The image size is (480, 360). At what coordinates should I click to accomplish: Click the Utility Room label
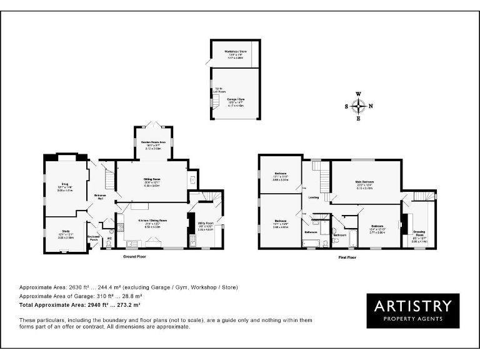tap(206, 222)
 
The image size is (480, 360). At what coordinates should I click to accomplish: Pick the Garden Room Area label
tap(153, 142)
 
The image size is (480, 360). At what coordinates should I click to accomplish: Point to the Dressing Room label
tap(419, 233)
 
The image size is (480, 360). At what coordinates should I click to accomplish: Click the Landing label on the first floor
tap(314, 197)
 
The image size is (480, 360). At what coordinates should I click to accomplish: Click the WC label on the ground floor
tap(109, 238)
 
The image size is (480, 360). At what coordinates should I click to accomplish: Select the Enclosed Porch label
tap(94, 237)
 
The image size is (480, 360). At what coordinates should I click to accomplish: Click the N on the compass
tap(371, 106)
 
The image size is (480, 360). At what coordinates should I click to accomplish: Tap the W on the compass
tap(359, 94)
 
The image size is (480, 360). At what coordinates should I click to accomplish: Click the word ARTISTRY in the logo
tap(412, 306)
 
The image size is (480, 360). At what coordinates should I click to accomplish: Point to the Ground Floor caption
tap(135, 256)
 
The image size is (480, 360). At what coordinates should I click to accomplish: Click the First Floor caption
tap(347, 256)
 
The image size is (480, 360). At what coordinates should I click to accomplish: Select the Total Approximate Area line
tap(80, 304)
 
